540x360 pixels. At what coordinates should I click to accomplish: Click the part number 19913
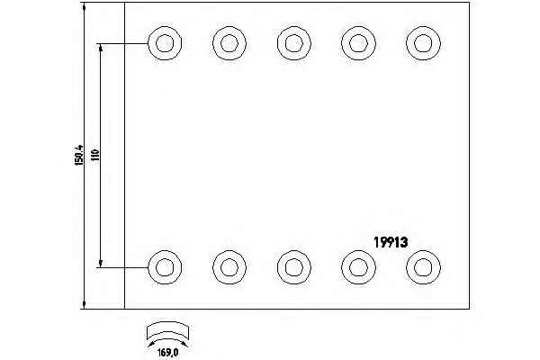(391, 241)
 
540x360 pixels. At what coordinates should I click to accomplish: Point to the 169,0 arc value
(168, 351)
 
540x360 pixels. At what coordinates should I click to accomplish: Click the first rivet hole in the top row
(164, 41)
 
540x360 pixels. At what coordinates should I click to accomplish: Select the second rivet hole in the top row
(229, 41)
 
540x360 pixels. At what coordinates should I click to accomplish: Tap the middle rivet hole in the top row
(292, 41)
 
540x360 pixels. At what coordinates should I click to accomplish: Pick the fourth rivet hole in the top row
(357, 41)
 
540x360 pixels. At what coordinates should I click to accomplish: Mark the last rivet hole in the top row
(421, 41)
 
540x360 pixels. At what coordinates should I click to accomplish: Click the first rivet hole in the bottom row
(164, 265)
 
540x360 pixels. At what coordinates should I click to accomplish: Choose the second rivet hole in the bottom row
(229, 265)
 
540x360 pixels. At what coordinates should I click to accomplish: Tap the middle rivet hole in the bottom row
(292, 265)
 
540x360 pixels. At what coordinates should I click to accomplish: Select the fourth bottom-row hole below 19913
(357, 265)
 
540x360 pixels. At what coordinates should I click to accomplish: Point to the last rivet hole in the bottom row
(421, 265)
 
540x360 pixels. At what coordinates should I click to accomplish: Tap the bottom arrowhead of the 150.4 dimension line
(84, 303)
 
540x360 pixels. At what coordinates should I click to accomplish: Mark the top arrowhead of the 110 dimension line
(101, 47)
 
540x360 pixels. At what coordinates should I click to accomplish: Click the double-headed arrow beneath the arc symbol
(167, 338)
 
